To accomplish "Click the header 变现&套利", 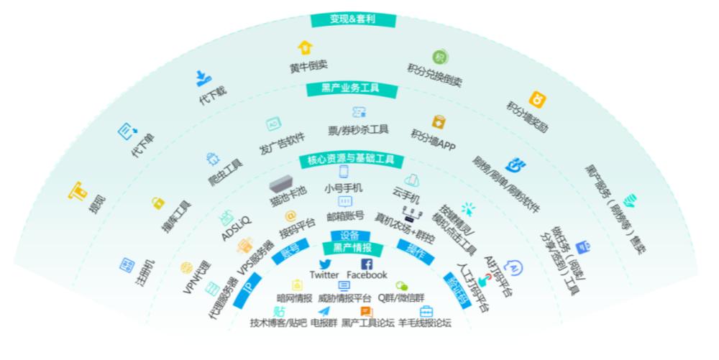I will coord(353,19).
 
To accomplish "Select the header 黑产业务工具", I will coord(350,88).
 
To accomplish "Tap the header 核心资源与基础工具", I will coord(351,160).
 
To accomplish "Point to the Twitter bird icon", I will coord(324,264).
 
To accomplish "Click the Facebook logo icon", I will coord(366,264).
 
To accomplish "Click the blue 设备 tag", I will coord(349,236).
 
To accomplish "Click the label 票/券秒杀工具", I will coord(358,130).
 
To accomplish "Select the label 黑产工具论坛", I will coord(367,323).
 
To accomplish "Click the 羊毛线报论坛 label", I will coord(425,323).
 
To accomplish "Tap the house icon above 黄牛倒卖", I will coord(305,47).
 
